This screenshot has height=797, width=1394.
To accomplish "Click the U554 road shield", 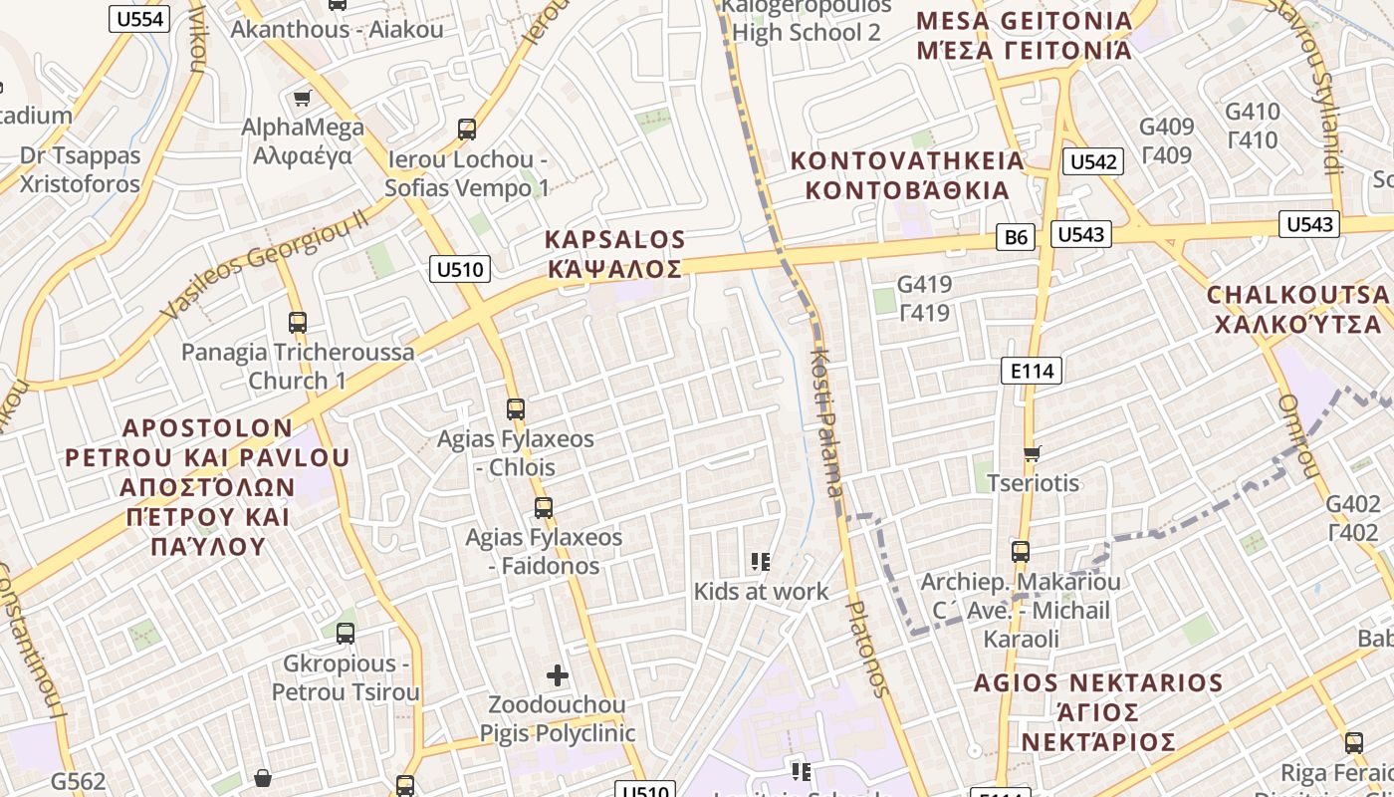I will [x=139, y=19].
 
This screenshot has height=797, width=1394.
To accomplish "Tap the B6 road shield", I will [x=1016, y=237].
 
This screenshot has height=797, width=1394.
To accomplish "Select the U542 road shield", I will [x=1092, y=162].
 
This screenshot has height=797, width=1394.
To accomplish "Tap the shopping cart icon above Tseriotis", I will [x=1032, y=453].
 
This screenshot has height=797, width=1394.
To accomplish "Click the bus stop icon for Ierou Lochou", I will [x=467, y=130].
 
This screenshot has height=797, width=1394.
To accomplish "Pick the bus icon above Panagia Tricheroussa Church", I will [x=297, y=323].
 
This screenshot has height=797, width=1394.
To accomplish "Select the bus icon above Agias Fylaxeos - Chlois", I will [x=515, y=409].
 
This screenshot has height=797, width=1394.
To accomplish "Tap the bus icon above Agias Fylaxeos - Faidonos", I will [x=543, y=508].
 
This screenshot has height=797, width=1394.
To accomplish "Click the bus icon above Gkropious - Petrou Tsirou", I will [x=345, y=634].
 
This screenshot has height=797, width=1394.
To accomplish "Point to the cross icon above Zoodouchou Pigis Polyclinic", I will [x=558, y=675].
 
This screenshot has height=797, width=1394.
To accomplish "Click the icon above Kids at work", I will [x=761, y=562].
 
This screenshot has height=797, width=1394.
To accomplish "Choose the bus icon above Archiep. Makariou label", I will [x=1020, y=552].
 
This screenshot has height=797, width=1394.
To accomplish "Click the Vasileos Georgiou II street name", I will [x=265, y=265].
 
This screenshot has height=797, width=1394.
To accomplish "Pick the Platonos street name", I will [x=865, y=648].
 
